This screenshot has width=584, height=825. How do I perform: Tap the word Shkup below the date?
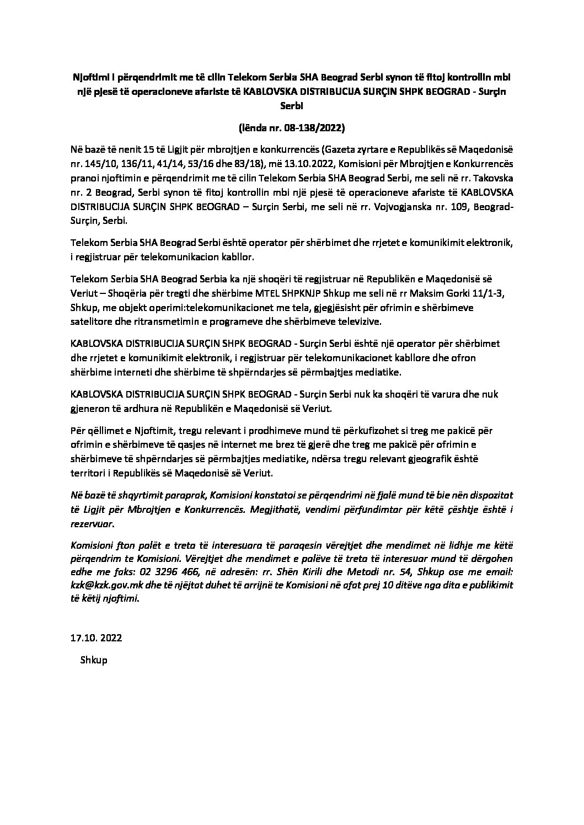(x=94, y=660)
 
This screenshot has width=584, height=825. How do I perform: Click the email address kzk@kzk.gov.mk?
(x=105, y=588)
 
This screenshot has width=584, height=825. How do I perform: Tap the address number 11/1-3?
(x=485, y=293)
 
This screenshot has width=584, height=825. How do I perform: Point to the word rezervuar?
(x=92, y=523)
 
